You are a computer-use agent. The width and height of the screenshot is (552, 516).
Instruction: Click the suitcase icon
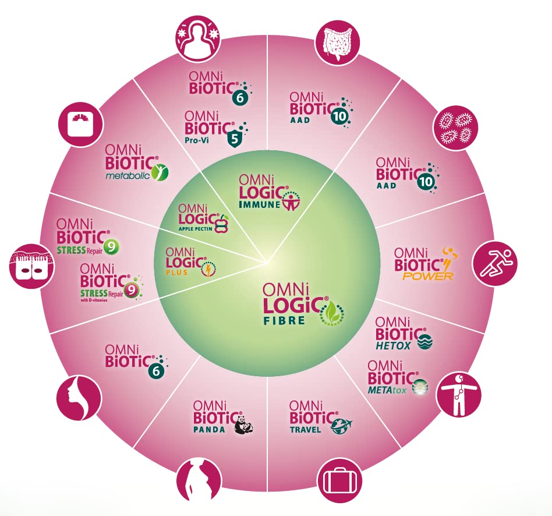pos(339,480)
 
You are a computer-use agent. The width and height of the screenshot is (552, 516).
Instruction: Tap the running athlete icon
pos(494,263)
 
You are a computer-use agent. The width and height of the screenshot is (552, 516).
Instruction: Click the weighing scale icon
pos(80,125)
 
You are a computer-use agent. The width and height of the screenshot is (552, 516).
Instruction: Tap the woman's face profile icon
pos(79,398)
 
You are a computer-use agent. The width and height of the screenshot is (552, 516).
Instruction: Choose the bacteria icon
pos(455,128)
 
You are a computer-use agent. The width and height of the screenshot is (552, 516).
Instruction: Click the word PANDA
pos(209,429)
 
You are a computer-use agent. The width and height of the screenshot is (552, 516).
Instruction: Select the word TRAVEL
pos(306,430)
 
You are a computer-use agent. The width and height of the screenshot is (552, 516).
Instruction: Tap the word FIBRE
pos(285,320)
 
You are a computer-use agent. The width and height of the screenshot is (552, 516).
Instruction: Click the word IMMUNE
pos(260,204)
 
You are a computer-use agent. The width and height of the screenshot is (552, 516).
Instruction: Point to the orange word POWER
pos(427,276)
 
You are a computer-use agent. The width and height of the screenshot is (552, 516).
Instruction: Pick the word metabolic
pos(128,175)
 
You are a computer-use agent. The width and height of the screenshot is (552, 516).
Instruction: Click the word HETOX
pos(393,346)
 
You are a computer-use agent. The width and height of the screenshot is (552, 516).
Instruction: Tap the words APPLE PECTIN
pos(196,229)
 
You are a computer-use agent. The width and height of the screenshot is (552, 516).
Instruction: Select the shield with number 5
pos(235,139)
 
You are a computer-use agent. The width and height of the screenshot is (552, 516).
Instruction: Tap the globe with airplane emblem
pos(341,426)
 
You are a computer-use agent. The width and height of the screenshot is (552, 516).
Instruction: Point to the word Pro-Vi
pos(197,140)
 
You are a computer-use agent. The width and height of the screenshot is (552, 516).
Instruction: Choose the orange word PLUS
pos(177,272)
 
